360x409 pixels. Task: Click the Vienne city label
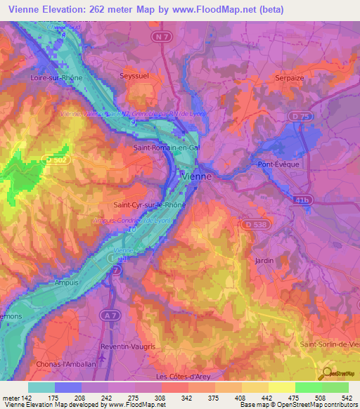(x=196, y=176)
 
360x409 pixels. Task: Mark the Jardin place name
(x=264, y=260)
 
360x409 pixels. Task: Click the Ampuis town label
(x=67, y=283)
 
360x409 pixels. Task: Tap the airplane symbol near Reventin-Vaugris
(x=105, y=356)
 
